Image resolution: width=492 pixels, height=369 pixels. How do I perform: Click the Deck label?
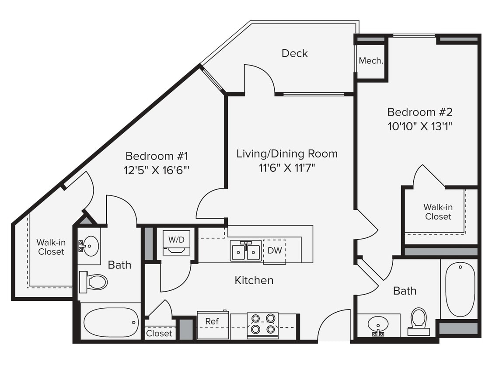click(x=294, y=53)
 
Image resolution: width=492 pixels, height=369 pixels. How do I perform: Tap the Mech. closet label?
click(x=371, y=61)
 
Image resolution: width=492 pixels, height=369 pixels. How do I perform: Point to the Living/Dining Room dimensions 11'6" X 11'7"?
click(x=287, y=168)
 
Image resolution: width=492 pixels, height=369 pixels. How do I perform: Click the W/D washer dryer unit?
click(x=176, y=243)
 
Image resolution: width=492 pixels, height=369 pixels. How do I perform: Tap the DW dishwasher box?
click(x=274, y=251)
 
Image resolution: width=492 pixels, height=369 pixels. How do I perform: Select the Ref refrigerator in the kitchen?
click(x=213, y=325)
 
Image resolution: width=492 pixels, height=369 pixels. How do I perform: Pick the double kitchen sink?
click(x=246, y=252)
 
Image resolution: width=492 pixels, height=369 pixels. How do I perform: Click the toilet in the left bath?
click(x=93, y=282)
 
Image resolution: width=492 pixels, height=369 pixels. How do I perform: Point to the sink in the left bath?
click(x=90, y=246)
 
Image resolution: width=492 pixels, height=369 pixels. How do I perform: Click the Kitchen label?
click(x=254, y=280)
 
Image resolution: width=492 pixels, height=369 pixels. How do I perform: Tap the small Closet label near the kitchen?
click(x=159, y=333)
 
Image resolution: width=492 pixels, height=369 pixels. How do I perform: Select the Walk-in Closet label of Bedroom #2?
click(x=438, y=212)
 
